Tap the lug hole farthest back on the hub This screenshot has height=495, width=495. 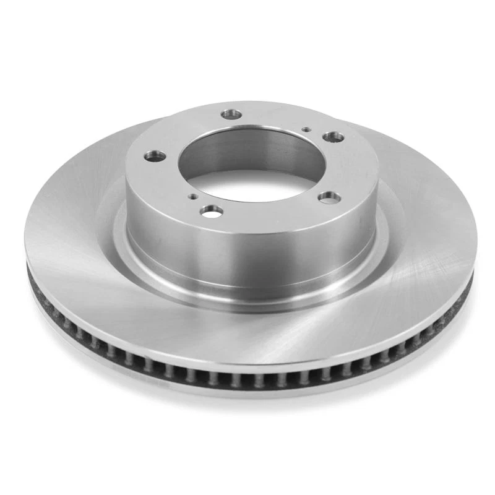tap(233, 114)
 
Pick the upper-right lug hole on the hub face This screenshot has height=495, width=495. tap(334, 137)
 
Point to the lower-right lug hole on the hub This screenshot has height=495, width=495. tap(329, 198)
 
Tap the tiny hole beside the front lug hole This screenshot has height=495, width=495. tap(194, 197)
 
